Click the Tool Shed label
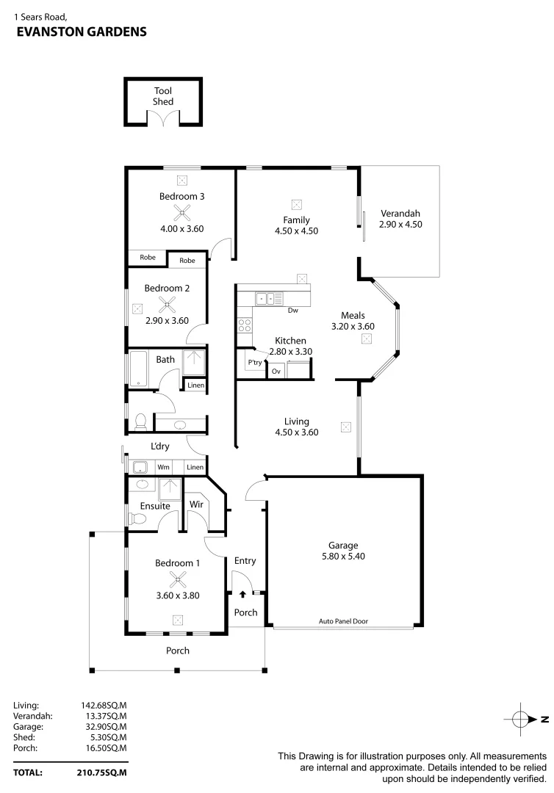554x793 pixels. pos(163,96)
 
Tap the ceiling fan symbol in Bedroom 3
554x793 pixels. pos(181,213)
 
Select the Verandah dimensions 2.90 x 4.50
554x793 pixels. pos(400,225)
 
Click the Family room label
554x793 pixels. pos(296,220)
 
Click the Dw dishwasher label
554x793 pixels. pos(292,311)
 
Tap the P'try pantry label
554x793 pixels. pos(255,363)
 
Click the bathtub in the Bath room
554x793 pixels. pos(139,369)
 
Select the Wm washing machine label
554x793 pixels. pos(163,467)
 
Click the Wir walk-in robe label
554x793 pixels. pos(196,504)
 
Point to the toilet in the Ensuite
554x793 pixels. pos(136,519)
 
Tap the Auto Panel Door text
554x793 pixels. pos(343,621)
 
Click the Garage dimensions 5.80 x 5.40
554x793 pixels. pos(343,557)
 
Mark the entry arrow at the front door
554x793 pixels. pos(242,593)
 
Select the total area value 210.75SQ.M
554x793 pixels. pos(102,772)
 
